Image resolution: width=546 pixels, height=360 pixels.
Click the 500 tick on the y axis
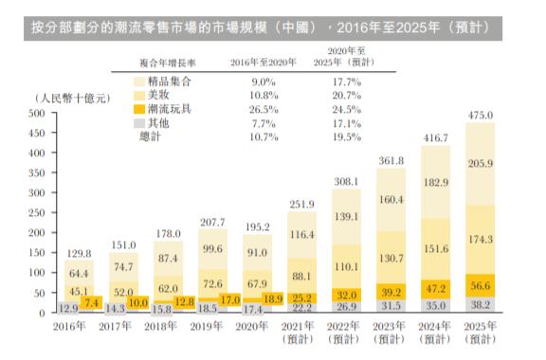click(38, 113)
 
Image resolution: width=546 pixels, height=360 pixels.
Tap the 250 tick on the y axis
click(38, 212)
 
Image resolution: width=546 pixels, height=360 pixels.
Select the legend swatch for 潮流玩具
click(139, 110)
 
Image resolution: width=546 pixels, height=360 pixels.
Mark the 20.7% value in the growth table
click(350, 96)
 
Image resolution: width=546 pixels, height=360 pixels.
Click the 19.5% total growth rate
click(350, 137)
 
